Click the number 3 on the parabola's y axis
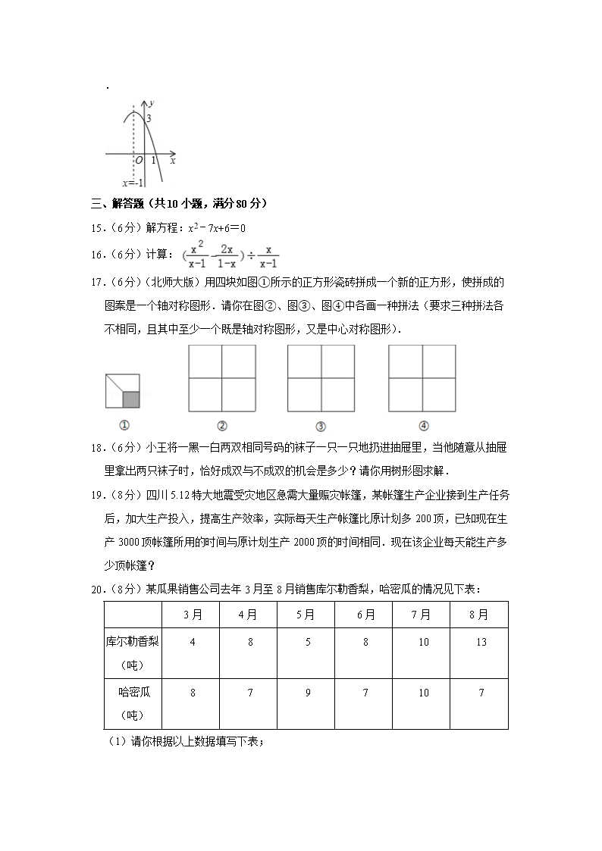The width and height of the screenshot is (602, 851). point(149,119)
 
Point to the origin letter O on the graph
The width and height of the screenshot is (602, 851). point(139,160)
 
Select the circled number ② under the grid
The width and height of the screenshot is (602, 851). point(222,425)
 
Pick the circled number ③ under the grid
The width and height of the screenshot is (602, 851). point(321,425)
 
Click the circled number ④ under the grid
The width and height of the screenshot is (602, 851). point(423,425)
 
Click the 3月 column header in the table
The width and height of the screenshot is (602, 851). point(192,615)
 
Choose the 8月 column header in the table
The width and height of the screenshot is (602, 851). point(478,615)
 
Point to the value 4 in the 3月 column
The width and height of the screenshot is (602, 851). point(192,642)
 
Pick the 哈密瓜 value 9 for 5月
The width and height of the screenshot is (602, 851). point(307,692)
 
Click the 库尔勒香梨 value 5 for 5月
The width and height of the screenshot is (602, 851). point(307,642)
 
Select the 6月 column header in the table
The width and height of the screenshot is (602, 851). point(365,615)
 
